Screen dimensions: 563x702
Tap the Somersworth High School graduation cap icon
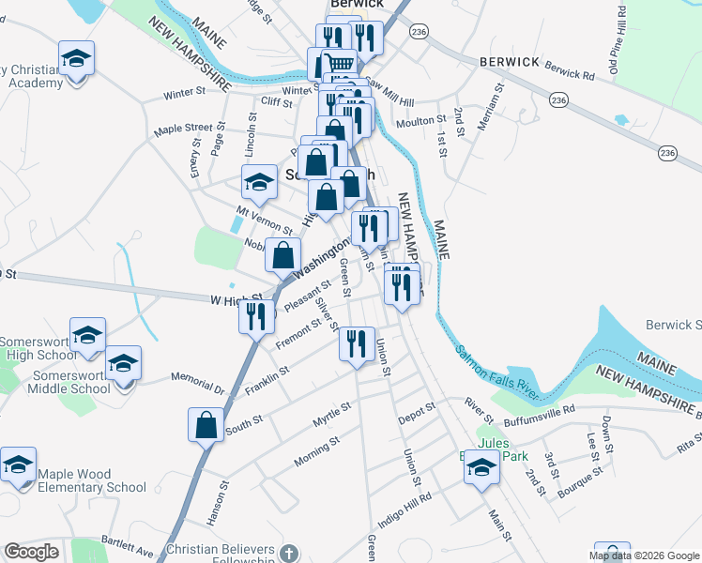(x=87, y=336)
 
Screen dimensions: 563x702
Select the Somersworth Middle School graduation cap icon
(x=122, y=363)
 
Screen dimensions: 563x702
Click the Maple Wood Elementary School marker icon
(x=18, y=465)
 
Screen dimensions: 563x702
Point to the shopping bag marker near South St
(x=206, y=424)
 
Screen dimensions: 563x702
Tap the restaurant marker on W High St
(x=256, y=316)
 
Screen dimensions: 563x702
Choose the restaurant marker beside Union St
(x=356, y=344)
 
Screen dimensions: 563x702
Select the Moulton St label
(x=421, y=121)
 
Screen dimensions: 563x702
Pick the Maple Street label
(x=184, y=128)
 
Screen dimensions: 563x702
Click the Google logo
(x=31, y=552)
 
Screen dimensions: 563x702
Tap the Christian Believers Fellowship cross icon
(x=288, y=554)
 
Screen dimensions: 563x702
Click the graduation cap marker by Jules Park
(x=481, y=466)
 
